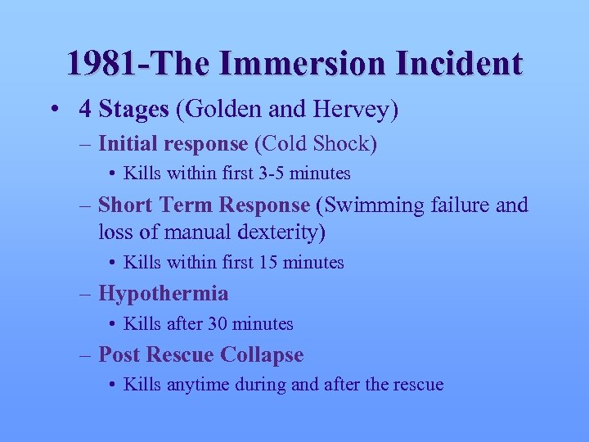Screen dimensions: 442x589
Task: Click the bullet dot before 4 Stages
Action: click(x=53, y=109)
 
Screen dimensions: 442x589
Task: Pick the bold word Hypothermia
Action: click(x=163, y=293)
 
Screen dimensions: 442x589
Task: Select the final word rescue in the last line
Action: click(x=417, y=384)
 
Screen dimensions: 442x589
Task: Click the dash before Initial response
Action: click(x=86, y=144)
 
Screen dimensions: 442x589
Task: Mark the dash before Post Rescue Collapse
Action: click(x=86, y=354)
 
